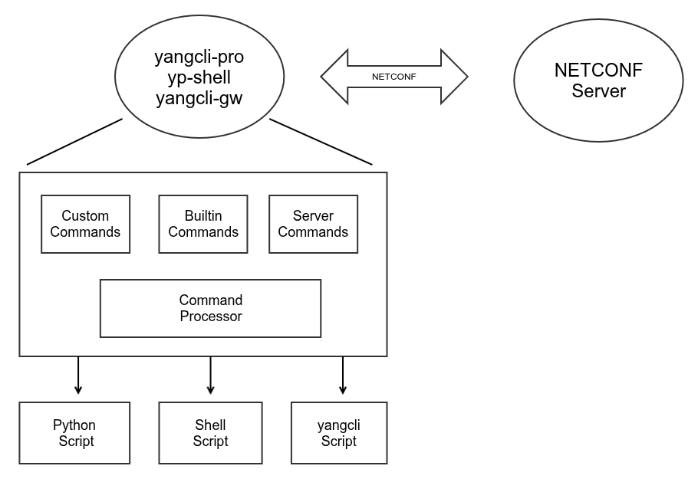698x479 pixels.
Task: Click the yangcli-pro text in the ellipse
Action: [199, 57]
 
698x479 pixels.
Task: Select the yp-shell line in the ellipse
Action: [199, 77]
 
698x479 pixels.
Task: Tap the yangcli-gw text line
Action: [199, 98]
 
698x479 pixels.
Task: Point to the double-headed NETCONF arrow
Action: [393, 77]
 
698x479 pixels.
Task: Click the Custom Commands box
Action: [85, 224]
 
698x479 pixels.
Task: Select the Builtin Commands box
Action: [203, 224]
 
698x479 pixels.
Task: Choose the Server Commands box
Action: [313, 224]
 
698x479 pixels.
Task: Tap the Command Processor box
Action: [210, 308]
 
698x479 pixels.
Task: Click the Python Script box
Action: [74, 433]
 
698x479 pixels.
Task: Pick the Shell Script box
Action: [210, 433]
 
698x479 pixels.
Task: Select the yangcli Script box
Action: [339, 433]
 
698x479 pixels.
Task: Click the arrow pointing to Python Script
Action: [77, 376]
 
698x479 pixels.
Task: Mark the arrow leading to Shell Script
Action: [210, 376]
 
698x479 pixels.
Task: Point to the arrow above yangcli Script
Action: [343, 376]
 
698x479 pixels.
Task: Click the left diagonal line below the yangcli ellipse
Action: [74, 142]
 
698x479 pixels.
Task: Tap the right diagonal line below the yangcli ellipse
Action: [321, 142]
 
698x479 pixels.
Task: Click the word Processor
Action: [211, 317]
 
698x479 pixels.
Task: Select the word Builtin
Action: [203, 216]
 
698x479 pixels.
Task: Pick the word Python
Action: [74, 425]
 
